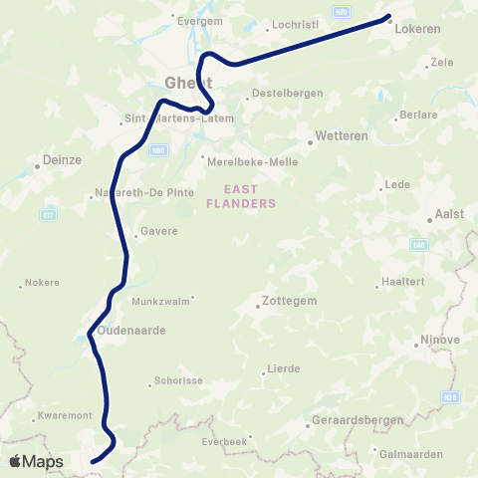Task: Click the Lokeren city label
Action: tap(417, 30)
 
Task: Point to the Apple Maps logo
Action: tap(36, 462)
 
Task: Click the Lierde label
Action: tap(284, 368)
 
